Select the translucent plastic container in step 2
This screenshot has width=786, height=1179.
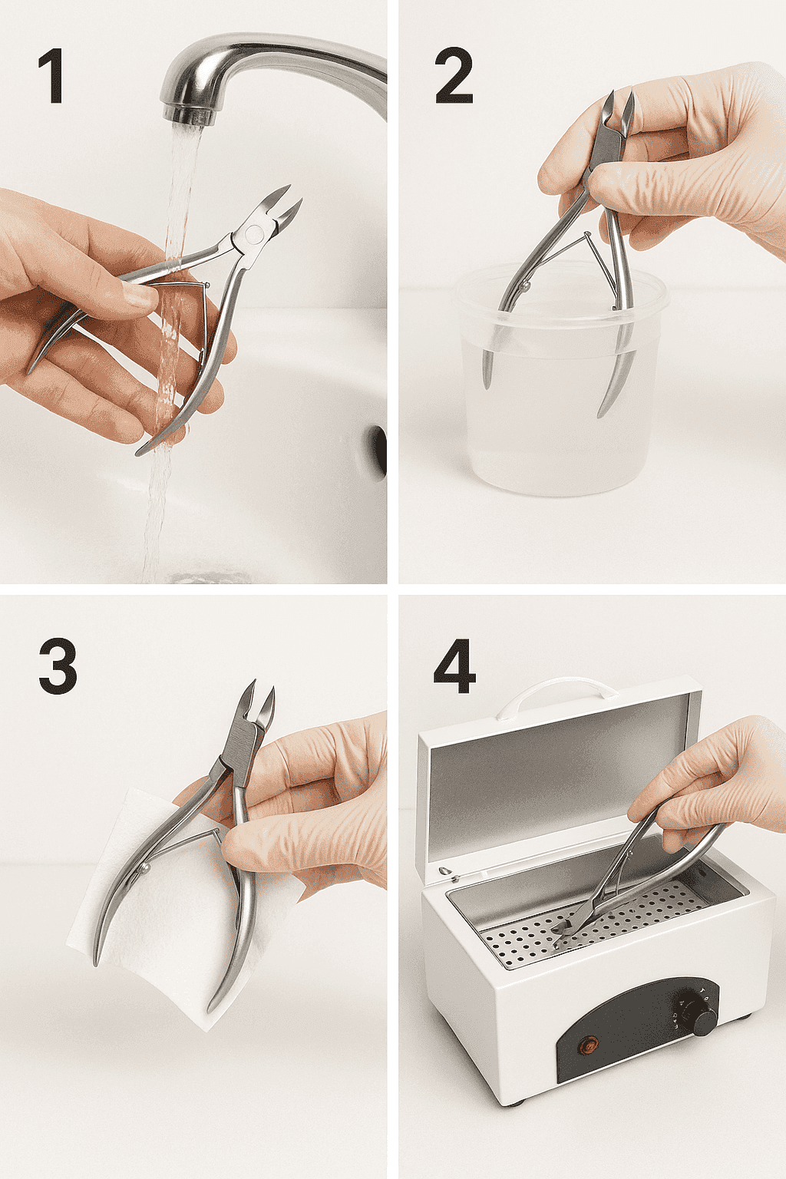(x=562, y=380)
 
